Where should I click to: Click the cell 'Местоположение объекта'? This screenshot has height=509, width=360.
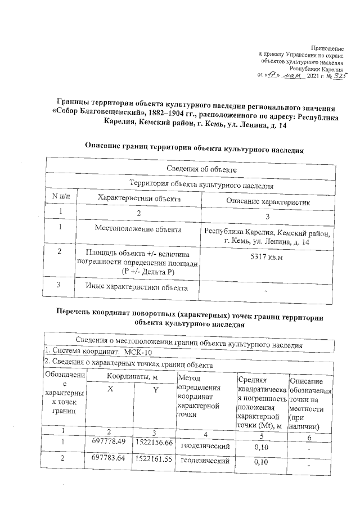pos(138,230)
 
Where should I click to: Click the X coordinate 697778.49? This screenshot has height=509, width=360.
pos(108,442)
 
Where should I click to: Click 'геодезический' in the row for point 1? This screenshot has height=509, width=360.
pos(206,446)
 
